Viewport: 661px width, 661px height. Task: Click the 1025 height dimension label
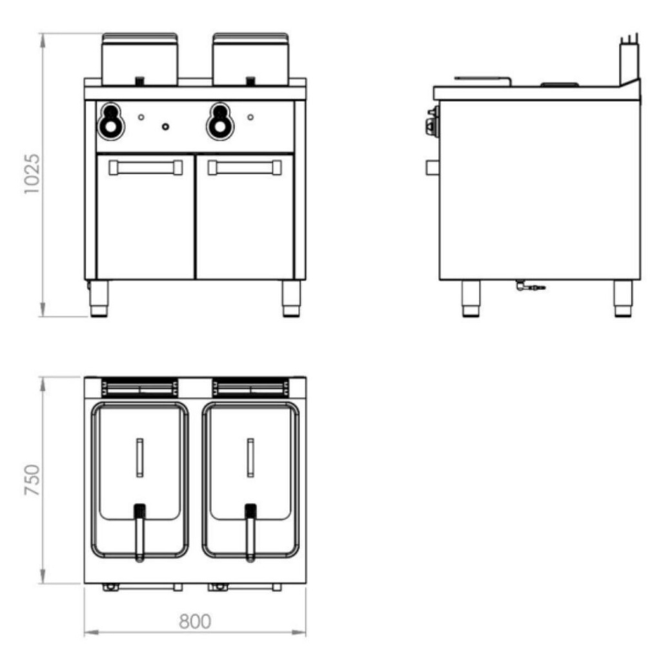[32, 174]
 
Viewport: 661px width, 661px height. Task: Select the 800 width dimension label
[194, 621]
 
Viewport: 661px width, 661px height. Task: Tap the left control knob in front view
[112, 120]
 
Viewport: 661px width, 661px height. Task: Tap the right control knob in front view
[221, 120]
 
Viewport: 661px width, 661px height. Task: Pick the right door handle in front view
[244, 168]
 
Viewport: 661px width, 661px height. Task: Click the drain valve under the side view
[529, 286]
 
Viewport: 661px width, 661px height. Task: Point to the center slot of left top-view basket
[139, 458]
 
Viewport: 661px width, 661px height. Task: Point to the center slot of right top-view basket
[250, 458]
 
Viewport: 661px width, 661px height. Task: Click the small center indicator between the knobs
[166, 126]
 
